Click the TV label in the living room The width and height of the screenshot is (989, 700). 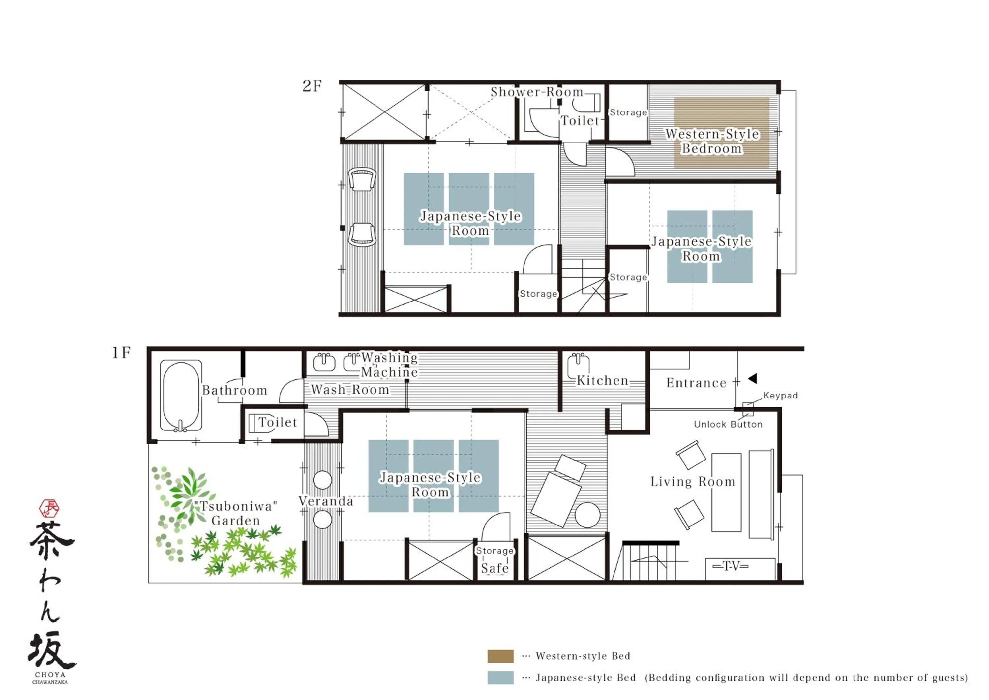pyautogui.click(x=731, y=566)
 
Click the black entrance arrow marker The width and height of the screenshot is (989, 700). pyautogui.click(x=753, y=378)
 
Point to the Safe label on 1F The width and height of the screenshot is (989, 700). pyautogui.click(x=494, y=568)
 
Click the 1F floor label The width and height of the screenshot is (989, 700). pyautogui.click(x=121, y=353)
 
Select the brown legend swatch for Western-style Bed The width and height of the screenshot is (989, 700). pyautogui.click(x=500, y=656)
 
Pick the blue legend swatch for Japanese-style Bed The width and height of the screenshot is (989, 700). pyautogui.click(x=500, y=678)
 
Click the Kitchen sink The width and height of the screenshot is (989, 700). pyautogui.click(x=578, y=366)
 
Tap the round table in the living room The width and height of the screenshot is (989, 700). pyautogui.click(x=587, y=515)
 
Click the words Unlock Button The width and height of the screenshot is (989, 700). pyautogui.click(x=728, y=424)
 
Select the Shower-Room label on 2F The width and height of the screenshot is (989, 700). pyautogui.click(x=537, y=92)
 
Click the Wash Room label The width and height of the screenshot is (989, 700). pyautogui.click(x=350, y=390)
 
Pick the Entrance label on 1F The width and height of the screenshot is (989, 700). pyautogui.click(x=696, y=383)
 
